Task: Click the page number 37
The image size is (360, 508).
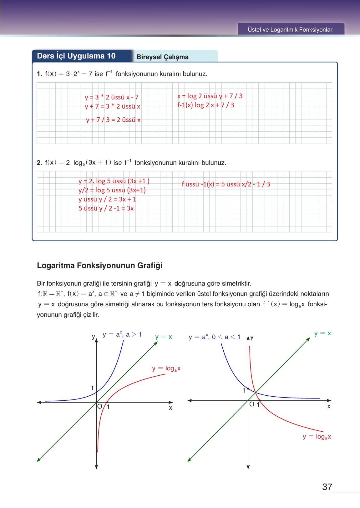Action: click(x=327, y=487)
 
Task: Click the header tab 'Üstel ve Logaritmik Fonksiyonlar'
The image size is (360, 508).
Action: click(x=290, y=30)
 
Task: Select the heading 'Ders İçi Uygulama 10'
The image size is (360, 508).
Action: click(x=76, y=56)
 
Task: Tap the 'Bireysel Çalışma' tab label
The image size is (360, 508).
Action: click(x=162, y=57)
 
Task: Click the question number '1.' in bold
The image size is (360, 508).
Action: click(x=39, y=74)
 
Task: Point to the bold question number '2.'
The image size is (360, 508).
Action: click(x=39, y=163)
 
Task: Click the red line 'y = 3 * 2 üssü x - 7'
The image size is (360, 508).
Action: click(x=111, y=97)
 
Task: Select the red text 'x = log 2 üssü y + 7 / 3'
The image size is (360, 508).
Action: click(x=210, y=96)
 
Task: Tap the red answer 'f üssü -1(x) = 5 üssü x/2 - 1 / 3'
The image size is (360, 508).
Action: click(x=226, y=184)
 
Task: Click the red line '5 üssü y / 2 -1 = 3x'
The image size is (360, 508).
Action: click(x=106, y=208)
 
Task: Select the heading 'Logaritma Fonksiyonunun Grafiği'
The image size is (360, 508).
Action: click(x=99, y=266)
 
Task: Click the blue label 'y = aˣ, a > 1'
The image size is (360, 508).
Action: click(x=122, y=335)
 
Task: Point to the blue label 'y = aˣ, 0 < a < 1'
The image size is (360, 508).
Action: click(x=214, y=337)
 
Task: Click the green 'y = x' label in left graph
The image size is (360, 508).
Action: click(x=163, y=337)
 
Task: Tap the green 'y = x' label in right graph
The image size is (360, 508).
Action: click(x=322, y=333)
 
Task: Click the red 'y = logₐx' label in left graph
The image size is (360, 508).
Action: click(x=166, y=368)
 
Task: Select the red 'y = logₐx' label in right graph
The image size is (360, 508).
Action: click(x=317, y=437)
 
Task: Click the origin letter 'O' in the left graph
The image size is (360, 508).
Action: click(x=99, y=406)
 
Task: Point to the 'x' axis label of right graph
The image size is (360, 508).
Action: click(x=328, y=406)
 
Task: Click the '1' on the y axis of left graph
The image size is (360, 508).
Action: click(x=92, y=388)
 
